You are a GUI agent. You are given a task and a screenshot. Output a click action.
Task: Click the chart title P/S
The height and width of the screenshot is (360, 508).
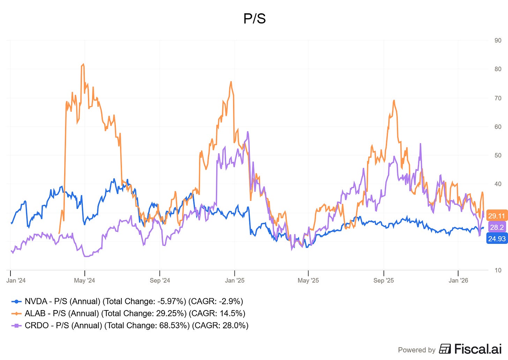254,19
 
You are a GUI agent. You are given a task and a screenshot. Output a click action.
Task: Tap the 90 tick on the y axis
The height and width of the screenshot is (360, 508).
498,40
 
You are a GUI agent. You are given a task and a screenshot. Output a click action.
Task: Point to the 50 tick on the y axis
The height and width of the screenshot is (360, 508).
498,155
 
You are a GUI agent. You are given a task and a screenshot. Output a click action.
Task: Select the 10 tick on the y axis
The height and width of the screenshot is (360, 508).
498,270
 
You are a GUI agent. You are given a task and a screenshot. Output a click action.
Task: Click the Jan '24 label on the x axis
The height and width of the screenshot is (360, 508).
16,280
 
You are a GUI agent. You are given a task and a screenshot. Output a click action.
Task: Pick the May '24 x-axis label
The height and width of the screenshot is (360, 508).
84,280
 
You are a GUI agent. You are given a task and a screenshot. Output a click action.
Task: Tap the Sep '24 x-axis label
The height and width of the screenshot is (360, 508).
160,280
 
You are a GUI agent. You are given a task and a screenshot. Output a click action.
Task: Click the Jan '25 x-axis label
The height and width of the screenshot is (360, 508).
235,280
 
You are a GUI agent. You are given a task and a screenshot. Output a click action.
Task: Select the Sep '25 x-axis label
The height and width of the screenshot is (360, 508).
383,280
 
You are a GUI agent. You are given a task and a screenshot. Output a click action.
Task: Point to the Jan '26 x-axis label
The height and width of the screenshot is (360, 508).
458,280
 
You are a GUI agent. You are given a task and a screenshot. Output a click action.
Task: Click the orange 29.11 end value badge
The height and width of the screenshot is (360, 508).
496,216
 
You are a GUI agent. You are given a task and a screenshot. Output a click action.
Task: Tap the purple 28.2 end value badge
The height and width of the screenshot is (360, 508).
497,227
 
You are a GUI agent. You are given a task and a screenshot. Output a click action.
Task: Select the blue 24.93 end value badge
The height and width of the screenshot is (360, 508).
497,239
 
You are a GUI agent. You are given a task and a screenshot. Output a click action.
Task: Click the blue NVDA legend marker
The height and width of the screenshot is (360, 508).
16,301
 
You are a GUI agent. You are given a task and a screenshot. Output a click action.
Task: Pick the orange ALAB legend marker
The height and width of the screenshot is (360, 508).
16,314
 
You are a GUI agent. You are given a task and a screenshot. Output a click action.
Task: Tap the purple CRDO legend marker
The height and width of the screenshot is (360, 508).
16,325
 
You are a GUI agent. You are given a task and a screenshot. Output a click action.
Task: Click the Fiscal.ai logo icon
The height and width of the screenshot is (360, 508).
445,349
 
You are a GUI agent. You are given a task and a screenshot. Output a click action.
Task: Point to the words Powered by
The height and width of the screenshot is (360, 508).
417,350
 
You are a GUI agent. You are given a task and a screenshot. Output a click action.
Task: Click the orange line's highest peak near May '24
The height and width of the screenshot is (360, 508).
83,64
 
